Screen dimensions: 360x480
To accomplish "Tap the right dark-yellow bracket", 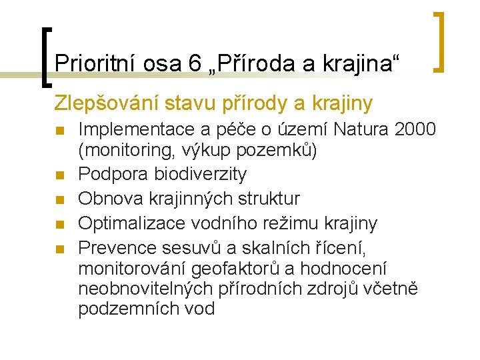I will click(x=439, y=41).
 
